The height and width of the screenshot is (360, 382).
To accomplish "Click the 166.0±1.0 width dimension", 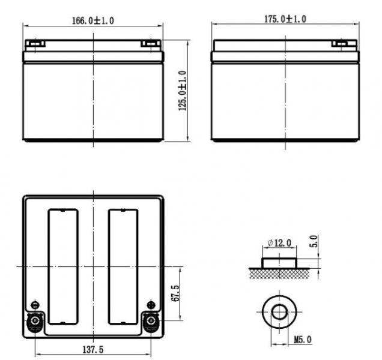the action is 93,20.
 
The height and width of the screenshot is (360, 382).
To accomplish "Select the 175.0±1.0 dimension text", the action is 285,19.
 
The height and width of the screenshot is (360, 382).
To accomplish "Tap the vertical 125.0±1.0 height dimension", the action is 183,91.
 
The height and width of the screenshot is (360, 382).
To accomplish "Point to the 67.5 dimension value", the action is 175,293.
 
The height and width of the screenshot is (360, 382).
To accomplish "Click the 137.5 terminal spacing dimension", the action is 93,350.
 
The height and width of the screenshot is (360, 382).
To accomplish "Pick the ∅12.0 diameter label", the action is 279,243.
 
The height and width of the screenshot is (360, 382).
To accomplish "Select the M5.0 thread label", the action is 303,340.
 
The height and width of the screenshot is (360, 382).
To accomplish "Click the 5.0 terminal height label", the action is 314,241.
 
